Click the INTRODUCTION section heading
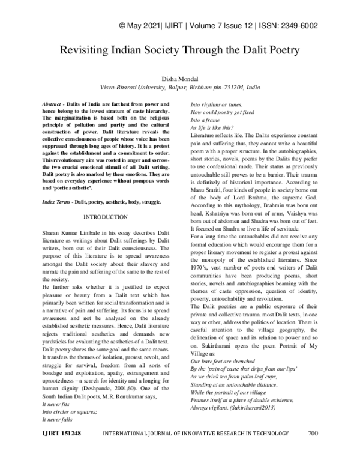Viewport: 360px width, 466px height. (105, 216)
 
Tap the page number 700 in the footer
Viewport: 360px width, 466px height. (313, 449)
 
